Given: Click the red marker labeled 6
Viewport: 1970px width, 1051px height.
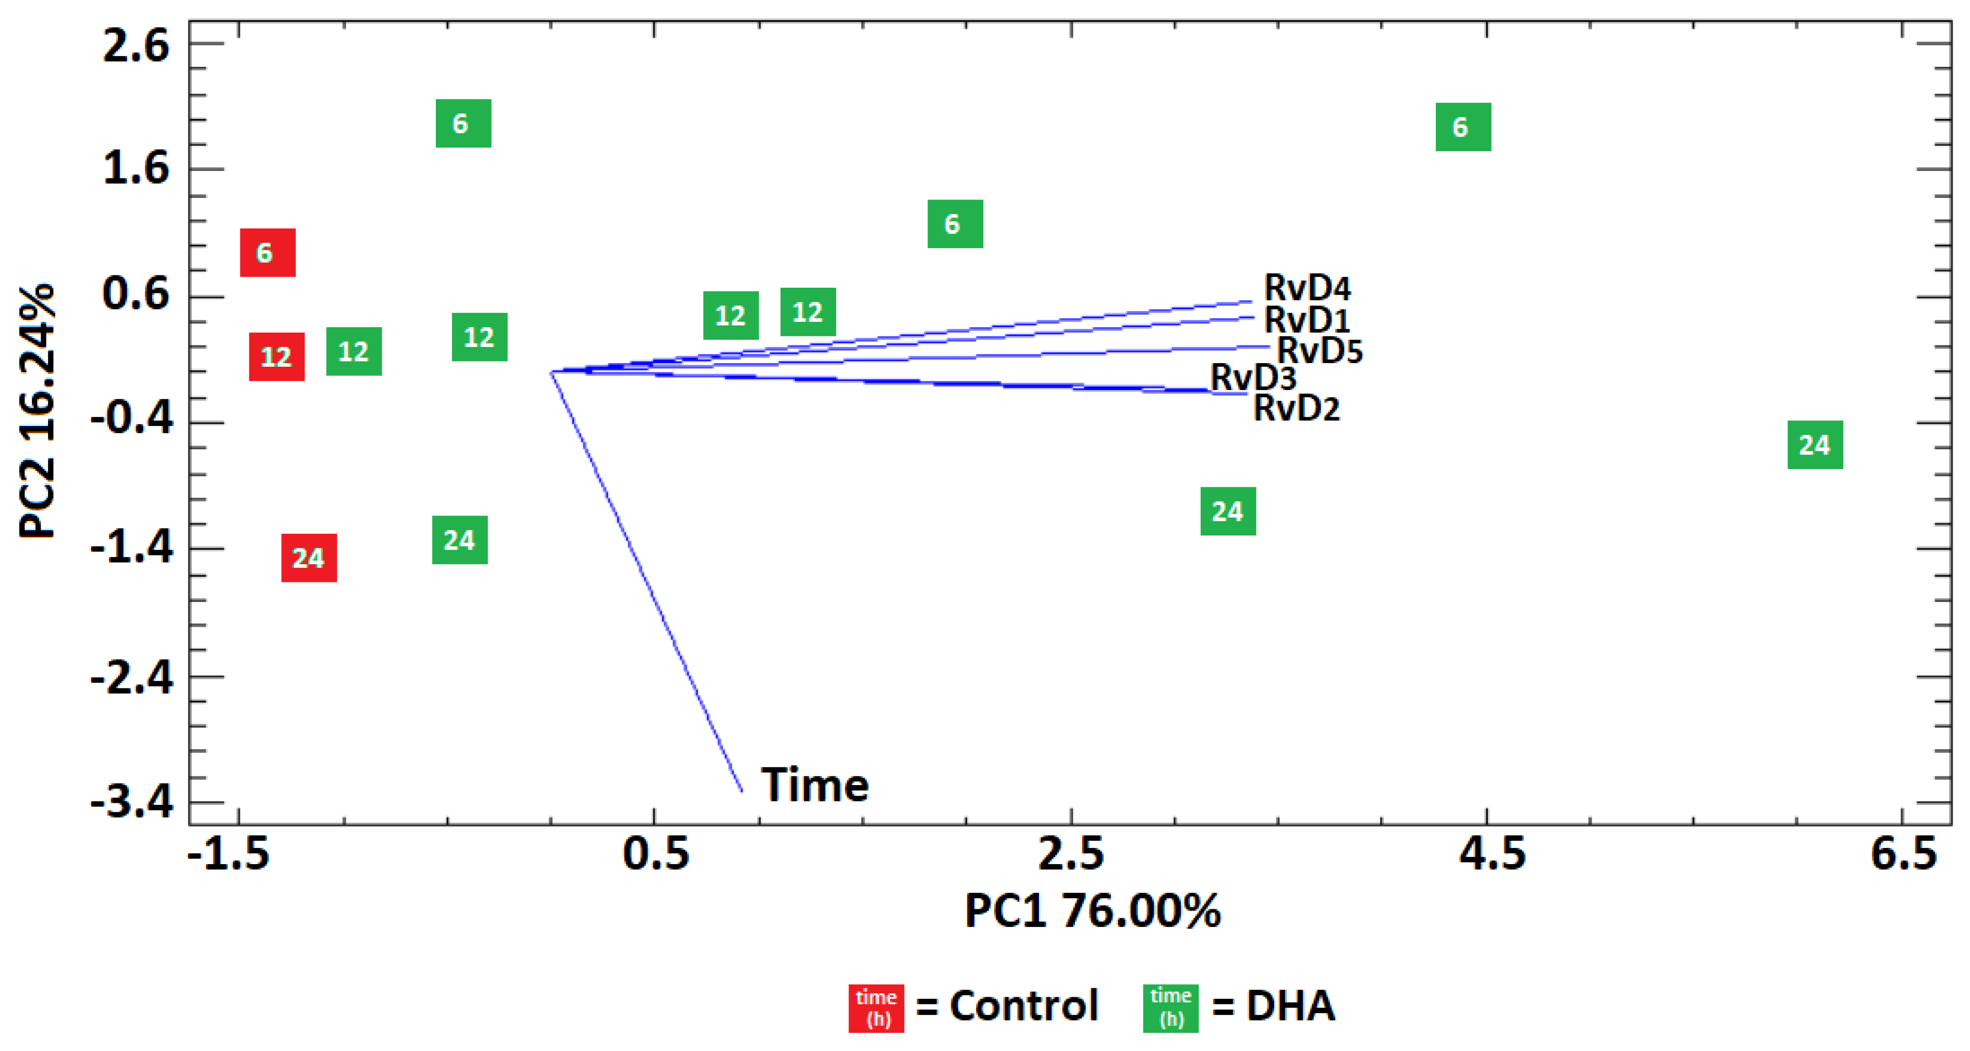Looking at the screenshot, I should click(x=268, y=252).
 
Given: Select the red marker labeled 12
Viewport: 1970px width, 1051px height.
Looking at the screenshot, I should click(x=277, y=356).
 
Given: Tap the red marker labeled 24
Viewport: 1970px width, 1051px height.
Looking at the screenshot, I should click(x=309, y=558).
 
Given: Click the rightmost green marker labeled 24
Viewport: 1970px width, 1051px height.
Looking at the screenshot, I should click(x=1815, y=445).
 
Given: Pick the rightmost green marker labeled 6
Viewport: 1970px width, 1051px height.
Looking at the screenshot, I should click(x=1463, y=127).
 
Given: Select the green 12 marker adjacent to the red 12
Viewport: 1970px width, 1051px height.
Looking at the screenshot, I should click(x=354, y=352).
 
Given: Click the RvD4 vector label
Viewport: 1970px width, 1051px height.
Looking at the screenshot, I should click(x=1307, y=288).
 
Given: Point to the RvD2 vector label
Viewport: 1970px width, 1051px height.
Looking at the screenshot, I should click(x=1296, y=408).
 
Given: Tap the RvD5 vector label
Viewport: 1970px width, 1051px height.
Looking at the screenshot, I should click(x=1320, y=351).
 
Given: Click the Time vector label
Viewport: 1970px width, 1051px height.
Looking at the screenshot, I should click(x=815, y=785).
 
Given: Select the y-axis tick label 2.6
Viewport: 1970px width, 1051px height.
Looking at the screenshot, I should click(x=136, y=46).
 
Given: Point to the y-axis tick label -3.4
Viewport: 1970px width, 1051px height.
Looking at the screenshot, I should click(x=132, y=803).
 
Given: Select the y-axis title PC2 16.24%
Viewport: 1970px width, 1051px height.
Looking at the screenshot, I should click(x=36, y=411).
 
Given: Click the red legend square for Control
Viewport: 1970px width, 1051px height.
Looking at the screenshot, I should click(x=876, y=1008).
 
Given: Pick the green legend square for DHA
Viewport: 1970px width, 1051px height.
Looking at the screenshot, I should click(x=1170, y=1008).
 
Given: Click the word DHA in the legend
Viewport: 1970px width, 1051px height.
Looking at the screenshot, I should click(x=1291, y=1006).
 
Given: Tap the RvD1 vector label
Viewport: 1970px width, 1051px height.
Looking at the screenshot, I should click(x=1307, y=320).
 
